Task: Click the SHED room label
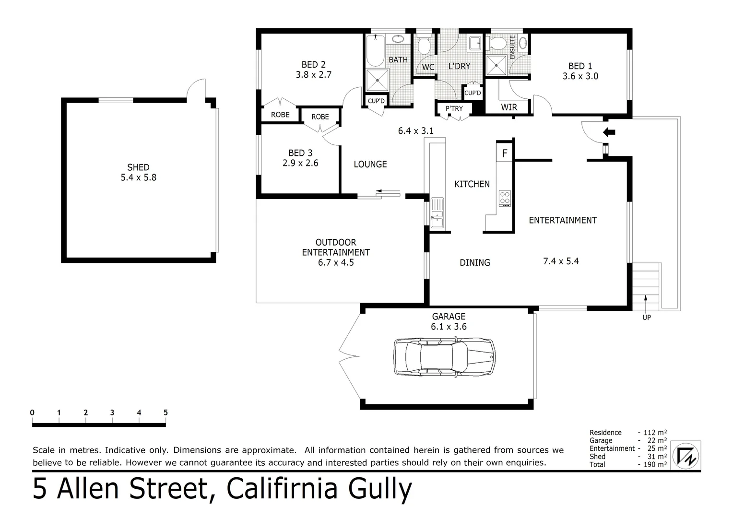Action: click(x=138, y=167)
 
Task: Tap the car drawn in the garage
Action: click(x=444, y=357)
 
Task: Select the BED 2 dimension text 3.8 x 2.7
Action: click(x=313, y=75)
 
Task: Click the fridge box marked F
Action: click(x=504, y=153)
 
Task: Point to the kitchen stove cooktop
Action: click(x=505, y=199)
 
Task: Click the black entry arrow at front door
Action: click(x=608, y=132)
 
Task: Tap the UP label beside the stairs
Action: click(x=646, y=318)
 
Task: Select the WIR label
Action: click(x=508, y=107)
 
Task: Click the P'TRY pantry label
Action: click(x=454, y=109)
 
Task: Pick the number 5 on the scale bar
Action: click(x=166, y=412)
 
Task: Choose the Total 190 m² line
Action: click(x=627, y=464)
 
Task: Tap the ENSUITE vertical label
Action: click(x=512, y=47)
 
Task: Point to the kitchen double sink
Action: click(x=437, y=212)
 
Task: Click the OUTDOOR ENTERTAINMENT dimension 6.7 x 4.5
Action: click(x=335, y=262)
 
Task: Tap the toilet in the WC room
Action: click(x=423, y=46)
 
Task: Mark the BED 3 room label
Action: click(x=300, y=153)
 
